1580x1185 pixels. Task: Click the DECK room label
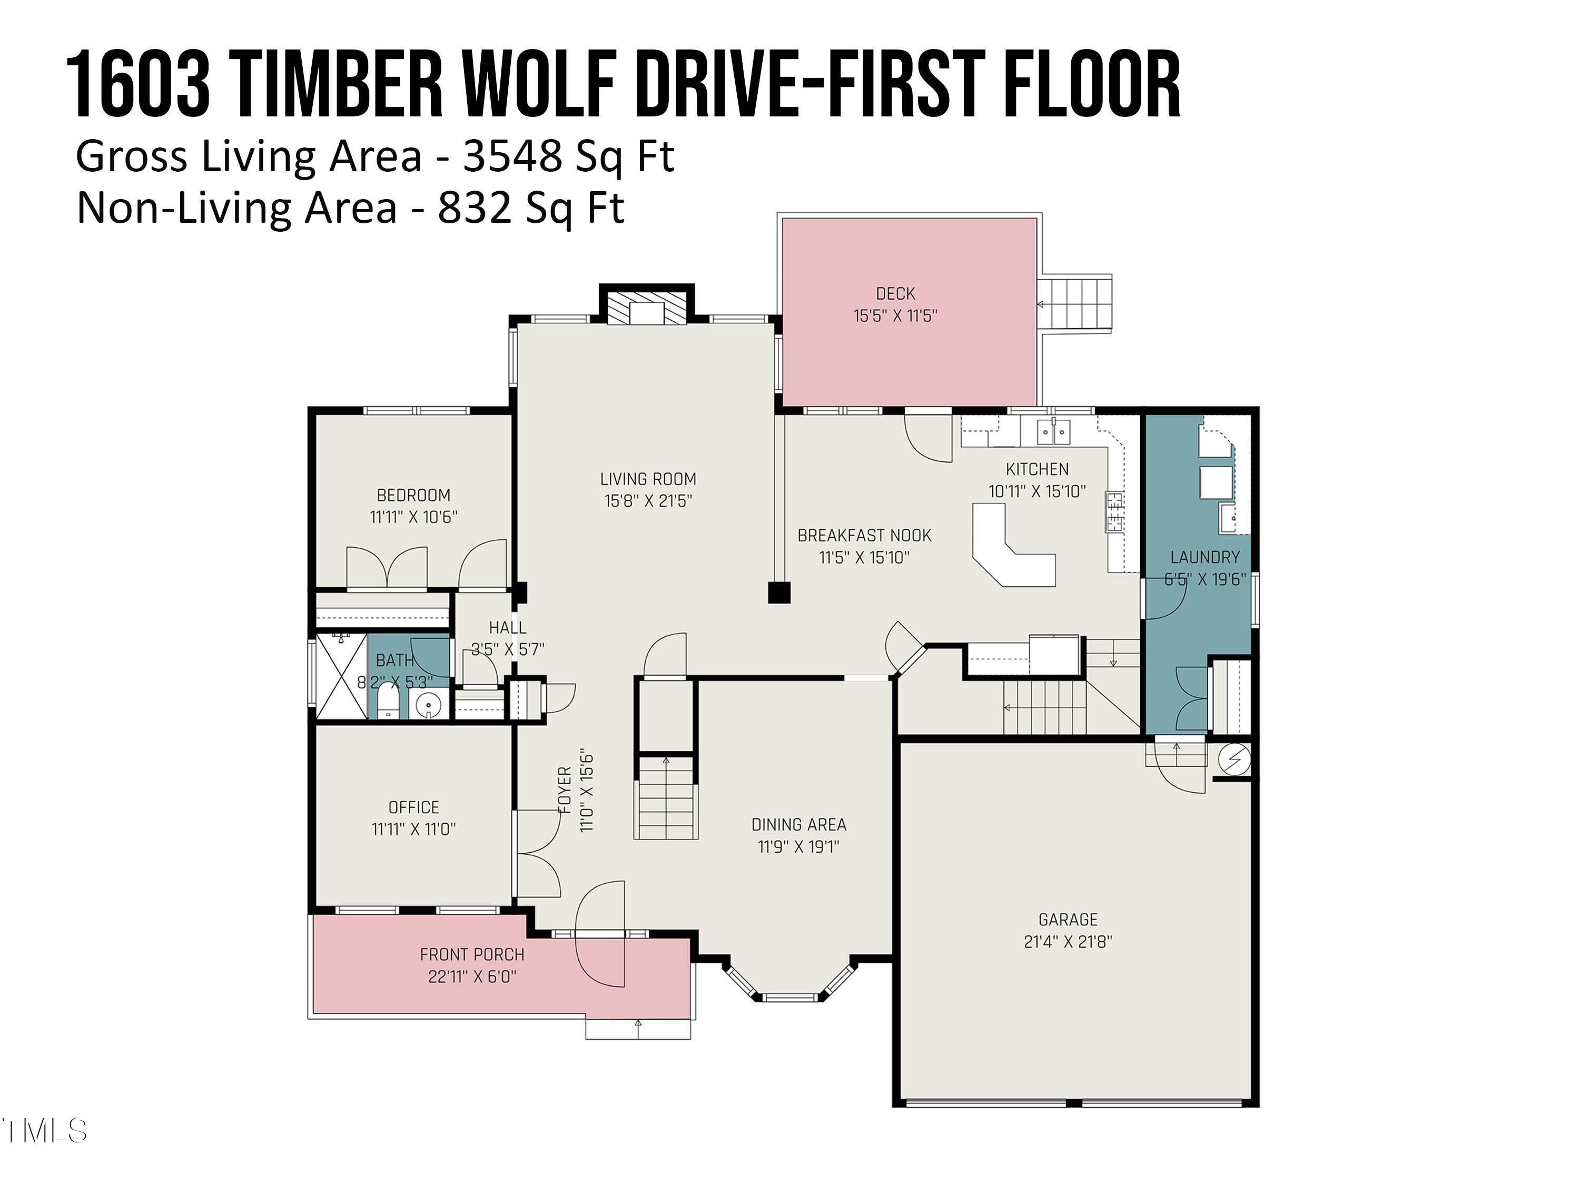point(895,293)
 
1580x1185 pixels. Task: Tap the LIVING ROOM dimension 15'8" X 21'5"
point(648,501)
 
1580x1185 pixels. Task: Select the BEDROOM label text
point(413,495)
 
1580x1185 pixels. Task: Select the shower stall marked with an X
point(341,675)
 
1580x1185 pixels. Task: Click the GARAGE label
point(1068,919)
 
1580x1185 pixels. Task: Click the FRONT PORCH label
point(472,954)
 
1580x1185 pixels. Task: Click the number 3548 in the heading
point(511,156)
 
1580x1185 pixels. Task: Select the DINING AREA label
point(798,824)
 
